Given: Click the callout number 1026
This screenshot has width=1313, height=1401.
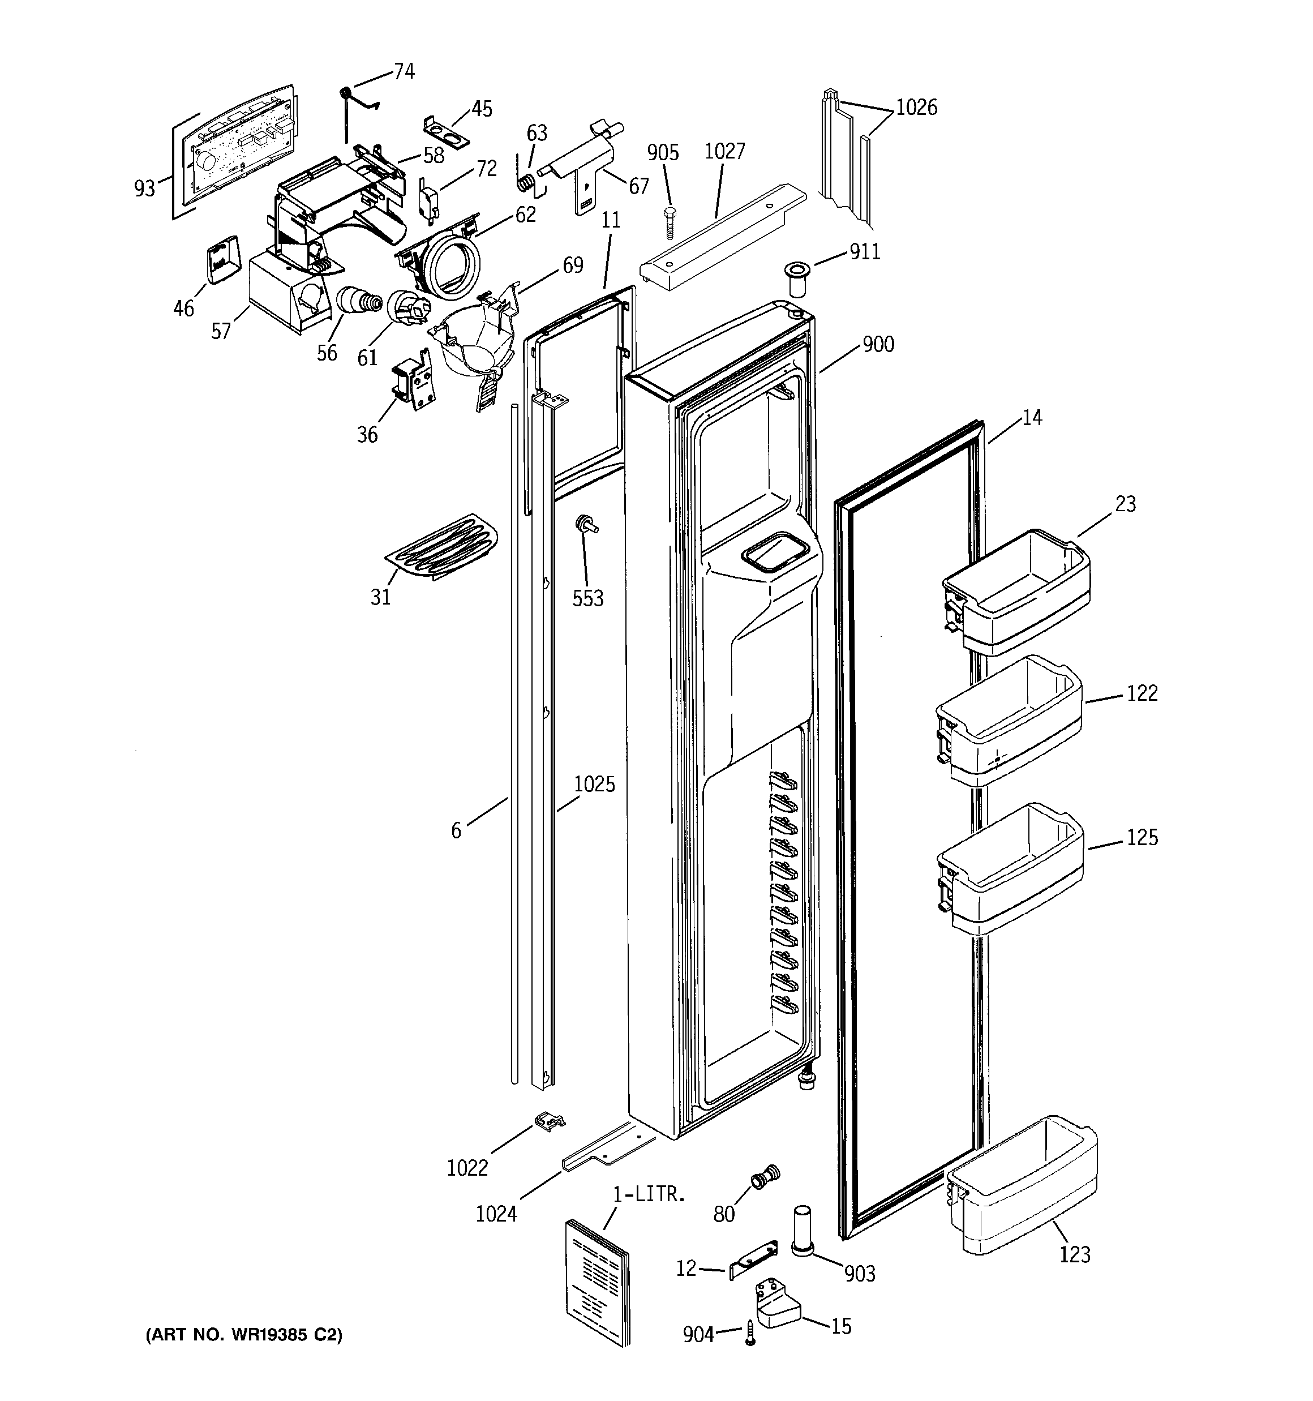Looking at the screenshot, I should [x=916, y=108].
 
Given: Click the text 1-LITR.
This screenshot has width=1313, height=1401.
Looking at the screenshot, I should [x=649, y=1194].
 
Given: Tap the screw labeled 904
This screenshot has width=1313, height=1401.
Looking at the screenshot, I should [x=749, y=1334].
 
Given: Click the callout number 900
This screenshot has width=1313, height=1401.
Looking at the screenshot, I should [x=878, y=345].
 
